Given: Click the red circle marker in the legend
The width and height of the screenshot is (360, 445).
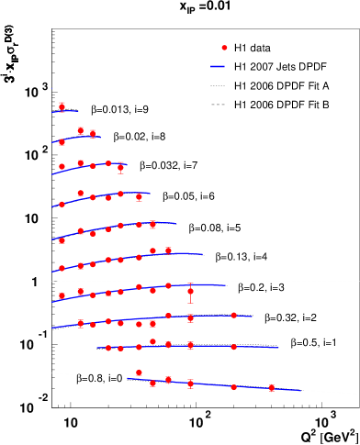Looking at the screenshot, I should pyautogui.click(x=224, y=48).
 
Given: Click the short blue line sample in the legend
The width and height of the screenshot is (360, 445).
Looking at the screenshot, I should pyautogui.click(x=218, y=66).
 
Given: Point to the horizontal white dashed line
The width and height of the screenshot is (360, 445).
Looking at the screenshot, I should pyautogui.click(x=276, y=282).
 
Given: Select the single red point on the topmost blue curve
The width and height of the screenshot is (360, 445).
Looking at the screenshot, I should pyautogui.click(x=62, y=106).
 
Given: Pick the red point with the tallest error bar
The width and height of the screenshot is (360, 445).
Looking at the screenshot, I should pyautogui.click(x=190, y=292).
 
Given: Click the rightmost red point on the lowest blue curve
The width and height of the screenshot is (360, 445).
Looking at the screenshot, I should pyautogui.click(x=272, y=388).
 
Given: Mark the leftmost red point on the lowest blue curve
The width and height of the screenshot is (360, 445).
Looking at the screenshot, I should pyautogui.click(x=139, y=373).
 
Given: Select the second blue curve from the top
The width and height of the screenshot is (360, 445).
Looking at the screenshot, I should pyautogui.click(x=73, y=139).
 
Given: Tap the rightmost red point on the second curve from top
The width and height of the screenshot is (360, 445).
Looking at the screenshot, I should pyautogui.click(x=92, y=133).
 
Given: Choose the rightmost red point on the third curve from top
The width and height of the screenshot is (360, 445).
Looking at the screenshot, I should pyautogui.click(x=120, y=167).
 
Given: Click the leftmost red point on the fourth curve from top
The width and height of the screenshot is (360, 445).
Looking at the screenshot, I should pyautogui.click(x=62, y=205).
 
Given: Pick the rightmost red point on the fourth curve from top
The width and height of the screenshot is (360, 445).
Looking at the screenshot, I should pyautogui.click(x=139, y=196).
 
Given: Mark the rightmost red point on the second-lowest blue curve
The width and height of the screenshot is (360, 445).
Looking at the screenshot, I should pyautogui.click(x=233, y=347).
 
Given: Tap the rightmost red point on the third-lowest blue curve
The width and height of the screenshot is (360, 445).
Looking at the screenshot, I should pyautogui.click(x=233, y=316).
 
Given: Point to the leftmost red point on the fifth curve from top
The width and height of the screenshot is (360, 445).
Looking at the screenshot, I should pyautogui.click(x=62, y=240).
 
